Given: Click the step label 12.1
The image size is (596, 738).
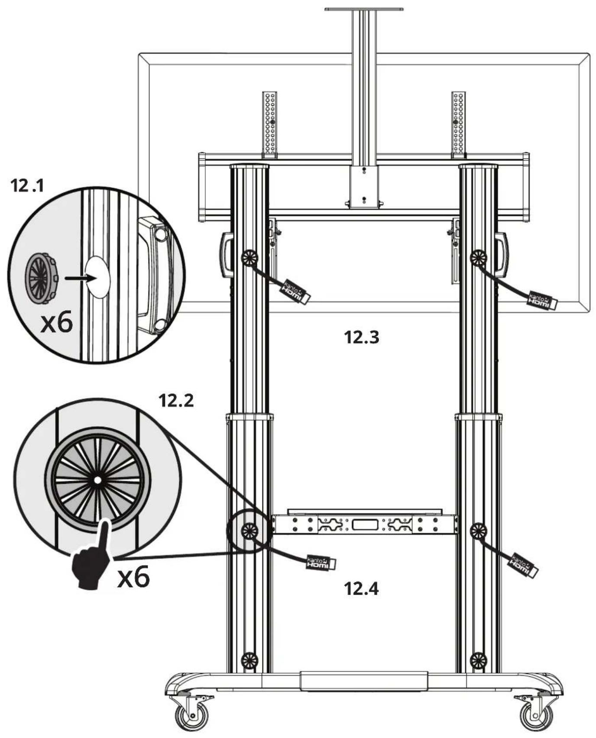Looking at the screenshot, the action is point(27,186).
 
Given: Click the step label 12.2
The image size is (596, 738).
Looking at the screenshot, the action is point(176,401).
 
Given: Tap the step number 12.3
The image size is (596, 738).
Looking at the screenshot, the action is point(362,337).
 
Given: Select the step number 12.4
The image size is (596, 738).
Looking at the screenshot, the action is point(361,589).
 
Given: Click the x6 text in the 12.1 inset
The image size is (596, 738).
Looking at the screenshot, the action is point(56,323).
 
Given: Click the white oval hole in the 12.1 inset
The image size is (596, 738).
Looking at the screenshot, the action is point(97,278).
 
